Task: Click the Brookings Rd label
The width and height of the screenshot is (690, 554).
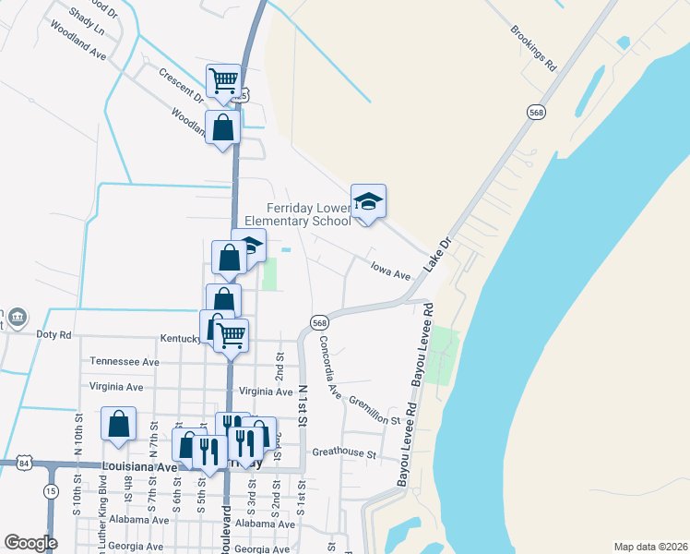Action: (x=534, y=48)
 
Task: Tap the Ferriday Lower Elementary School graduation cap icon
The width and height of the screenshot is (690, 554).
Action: (x=368, y=202)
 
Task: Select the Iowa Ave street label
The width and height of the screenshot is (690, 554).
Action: (x=389, y=274)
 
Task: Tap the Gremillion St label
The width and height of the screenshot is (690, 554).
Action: (x=374, y=412)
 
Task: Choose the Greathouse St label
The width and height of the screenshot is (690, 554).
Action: (x=344, y=454)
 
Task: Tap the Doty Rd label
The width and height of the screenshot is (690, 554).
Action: (x=53, y=334)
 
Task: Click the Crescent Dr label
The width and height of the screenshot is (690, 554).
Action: (x=180, y=84)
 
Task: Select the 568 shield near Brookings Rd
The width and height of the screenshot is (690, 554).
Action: (x=535, y=112)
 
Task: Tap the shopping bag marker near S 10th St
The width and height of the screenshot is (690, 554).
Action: (x=119, y=425)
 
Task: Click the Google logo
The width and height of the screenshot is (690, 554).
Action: (x=31, y=542)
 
